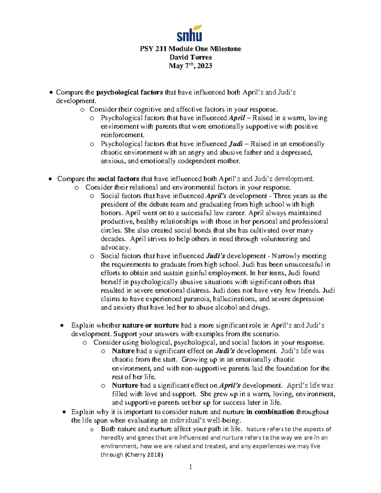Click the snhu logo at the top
coord(189,36)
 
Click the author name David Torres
coord(190,57)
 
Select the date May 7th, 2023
coord(190,66)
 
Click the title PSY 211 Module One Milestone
coord(190,49)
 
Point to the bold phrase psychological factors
coord(130,92)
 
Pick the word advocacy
coord(115,248)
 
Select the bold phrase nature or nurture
coord(150,325)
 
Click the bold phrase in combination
coord(270,412)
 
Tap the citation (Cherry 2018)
coord(144,455)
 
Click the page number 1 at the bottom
coord(190,467)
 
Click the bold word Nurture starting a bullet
coord(125,386)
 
